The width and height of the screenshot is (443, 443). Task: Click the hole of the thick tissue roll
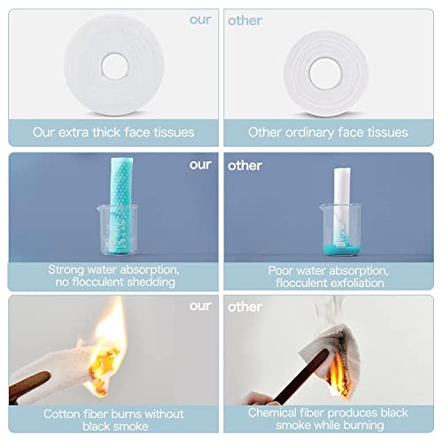point(114,66)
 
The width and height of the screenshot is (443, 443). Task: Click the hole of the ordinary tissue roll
point(325,74)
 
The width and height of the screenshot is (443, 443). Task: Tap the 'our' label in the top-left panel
point(200,19)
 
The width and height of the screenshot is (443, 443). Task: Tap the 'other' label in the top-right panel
point(245,20)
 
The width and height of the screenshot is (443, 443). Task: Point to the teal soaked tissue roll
point(121,206)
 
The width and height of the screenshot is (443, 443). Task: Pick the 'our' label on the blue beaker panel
point(200,165)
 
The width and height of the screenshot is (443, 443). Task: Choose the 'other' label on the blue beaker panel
point(245,166)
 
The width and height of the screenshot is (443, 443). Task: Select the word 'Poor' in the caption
point(280,270)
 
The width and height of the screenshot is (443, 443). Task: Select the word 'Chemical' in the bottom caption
point(271,413)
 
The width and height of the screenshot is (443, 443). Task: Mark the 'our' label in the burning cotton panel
point(200,306)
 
